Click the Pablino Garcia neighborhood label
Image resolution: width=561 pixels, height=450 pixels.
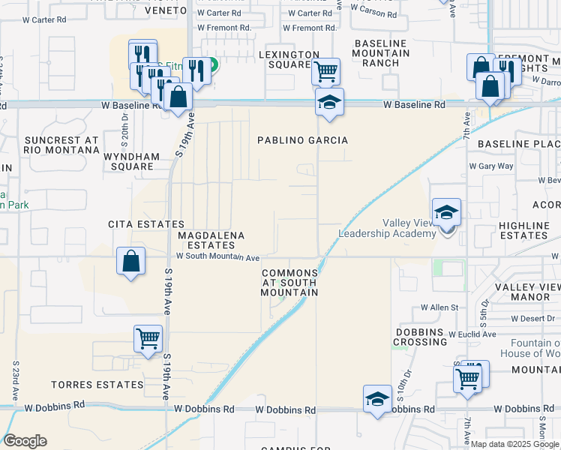[x=303, y=140]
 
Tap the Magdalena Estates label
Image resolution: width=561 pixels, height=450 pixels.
[x=211, y=240]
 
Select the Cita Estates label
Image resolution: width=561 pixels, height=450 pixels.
[x=146, y=224]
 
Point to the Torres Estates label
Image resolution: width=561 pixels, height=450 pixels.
[x=97, y=385]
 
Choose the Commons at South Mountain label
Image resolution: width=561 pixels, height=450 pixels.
[x=289, y=283]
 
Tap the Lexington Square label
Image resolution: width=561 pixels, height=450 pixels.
[x=289, y=59]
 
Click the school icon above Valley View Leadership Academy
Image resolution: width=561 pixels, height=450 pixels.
[x=446, y=211]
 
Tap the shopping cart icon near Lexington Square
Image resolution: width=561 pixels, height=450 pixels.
[x=325, y=71]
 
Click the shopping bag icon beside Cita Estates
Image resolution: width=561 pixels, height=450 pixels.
[x=131, y=262]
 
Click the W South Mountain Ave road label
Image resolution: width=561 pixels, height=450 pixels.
[x=217, y=256]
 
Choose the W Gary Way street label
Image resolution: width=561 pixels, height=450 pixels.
[x=491, y=166]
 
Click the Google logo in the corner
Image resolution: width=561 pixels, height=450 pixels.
[x=25, y=441]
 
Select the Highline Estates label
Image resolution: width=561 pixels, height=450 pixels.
[x=524, y=230]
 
